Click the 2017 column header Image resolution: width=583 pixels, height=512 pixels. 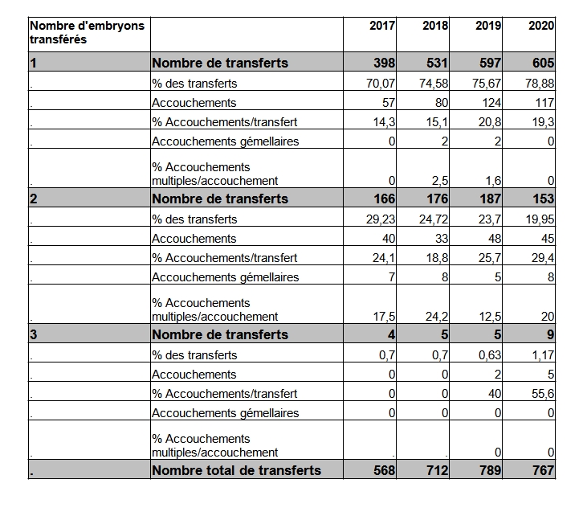[382, 26]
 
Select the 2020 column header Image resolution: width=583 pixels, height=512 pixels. [541, 26]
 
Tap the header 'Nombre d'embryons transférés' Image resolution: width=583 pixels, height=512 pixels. [87, 32]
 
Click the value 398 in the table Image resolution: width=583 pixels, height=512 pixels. [384, 63]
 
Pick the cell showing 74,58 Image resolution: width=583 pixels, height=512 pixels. [434, 84]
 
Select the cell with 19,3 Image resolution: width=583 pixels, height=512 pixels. [543, 122]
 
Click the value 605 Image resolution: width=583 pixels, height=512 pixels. [543, 63]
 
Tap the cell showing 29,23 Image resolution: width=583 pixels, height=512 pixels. [381, 219]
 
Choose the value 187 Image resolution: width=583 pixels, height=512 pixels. [490, 199]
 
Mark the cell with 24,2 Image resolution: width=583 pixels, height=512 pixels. [437, 316]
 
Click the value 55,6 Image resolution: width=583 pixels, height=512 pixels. [543, 394]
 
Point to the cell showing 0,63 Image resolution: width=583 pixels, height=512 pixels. [490, 355]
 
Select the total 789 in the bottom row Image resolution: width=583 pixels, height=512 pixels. [490, 470]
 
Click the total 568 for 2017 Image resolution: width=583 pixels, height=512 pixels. [384, 470]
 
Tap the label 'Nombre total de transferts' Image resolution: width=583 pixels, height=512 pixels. [236, 470]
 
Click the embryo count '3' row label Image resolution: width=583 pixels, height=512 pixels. [34, 334]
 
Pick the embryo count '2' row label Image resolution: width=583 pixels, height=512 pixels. [34, 199]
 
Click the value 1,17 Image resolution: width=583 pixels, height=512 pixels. [543, 355]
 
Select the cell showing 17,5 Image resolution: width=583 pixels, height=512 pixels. [384, 316]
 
